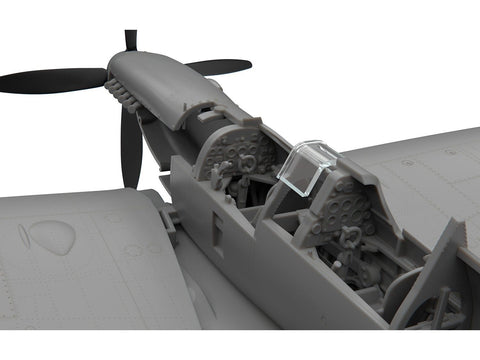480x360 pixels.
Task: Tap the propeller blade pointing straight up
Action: tap(130, 42)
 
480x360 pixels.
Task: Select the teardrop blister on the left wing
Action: tap(51, 236)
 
